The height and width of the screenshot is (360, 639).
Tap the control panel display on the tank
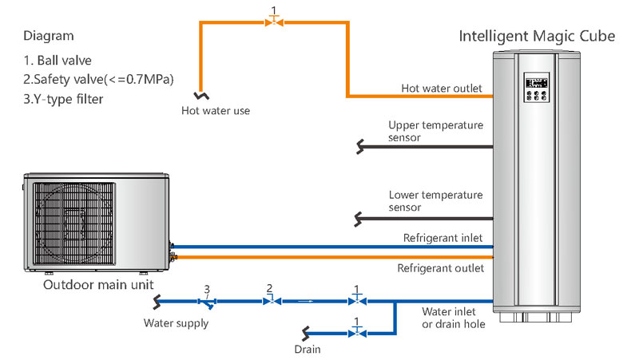click(534, 82)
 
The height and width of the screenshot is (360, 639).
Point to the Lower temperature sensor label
click(435, 201)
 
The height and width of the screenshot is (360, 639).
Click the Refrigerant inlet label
click(443, 238)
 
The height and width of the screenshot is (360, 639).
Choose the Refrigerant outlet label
click(440, 268)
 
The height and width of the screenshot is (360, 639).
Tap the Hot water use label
click(215, 110)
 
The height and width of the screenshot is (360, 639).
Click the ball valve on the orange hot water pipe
click(275, 22)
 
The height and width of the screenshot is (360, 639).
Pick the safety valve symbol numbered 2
click(270, 302)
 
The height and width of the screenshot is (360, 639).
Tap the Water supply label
click(176, 323)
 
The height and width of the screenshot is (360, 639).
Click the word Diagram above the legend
click(49, 36)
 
